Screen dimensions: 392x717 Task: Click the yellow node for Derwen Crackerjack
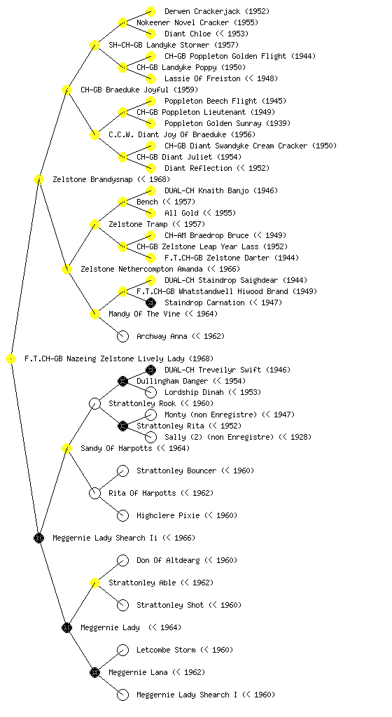pos(150,11)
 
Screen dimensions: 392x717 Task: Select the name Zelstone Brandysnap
pos(92,179)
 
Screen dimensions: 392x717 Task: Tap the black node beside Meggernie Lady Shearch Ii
pos(38,538)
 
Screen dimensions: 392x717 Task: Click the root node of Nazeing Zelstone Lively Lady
pos(11,359)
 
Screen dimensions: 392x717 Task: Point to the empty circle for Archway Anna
pos(123,337)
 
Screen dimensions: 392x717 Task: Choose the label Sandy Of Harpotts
pos(116,448)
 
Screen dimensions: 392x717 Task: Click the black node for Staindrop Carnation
pos(150,302)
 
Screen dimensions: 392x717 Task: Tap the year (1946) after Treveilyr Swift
pos(278,370)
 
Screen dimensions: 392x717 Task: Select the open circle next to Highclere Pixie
pos(123,515)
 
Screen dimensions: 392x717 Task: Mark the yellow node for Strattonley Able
pos(94,583)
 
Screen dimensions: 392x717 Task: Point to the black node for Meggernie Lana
pos(94,672)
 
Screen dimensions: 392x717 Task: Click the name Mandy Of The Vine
pos(144,314)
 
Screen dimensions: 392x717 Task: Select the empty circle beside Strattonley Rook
pos(94,404)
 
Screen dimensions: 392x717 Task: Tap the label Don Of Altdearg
pos(168,560)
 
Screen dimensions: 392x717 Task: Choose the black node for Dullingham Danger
pos(122,381)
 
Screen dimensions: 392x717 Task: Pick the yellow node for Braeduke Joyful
pos(66,90)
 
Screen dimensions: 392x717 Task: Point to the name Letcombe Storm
pos(167,650)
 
